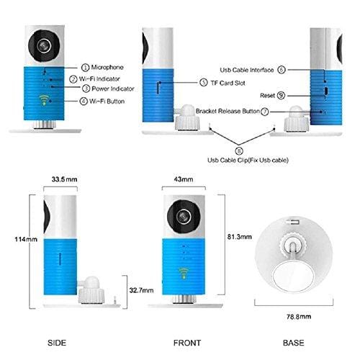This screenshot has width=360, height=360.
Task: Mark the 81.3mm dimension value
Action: (x=238, y=235)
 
